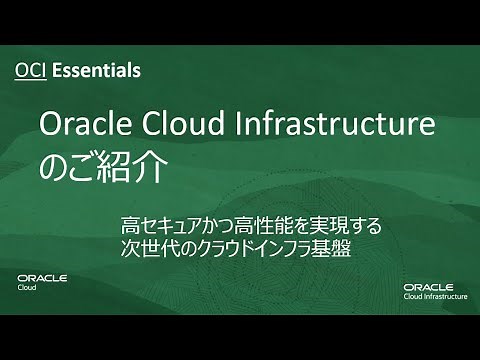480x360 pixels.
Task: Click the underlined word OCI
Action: (32, 71)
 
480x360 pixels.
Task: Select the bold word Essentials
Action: (96, 71)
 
